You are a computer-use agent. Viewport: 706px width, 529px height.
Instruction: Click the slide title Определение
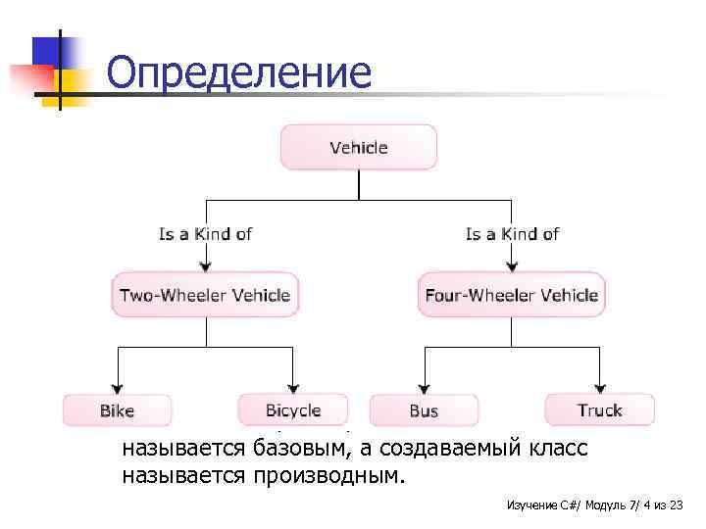point(238,72)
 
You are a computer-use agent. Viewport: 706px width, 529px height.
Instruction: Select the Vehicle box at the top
point(359,148)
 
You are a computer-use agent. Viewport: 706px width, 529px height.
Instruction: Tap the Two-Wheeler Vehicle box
point(205,295)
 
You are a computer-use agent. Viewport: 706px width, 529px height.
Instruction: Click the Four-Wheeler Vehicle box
point(511,295)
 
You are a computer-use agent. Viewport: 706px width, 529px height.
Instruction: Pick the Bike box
point(117,410)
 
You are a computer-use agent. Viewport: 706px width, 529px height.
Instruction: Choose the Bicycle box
point(293,409)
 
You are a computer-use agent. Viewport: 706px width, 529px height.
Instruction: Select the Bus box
point(424,410)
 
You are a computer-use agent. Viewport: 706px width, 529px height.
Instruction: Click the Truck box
point(599,409)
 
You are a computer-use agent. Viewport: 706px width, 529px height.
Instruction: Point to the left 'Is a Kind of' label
point(205,234)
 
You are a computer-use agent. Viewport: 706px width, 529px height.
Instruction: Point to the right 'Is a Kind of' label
point(512,234)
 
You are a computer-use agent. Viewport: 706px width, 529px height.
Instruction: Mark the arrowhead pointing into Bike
point(118,387)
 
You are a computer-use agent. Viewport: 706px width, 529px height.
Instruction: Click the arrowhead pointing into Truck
point(599,387)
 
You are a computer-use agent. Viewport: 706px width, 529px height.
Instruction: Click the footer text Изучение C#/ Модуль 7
point(564,505)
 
